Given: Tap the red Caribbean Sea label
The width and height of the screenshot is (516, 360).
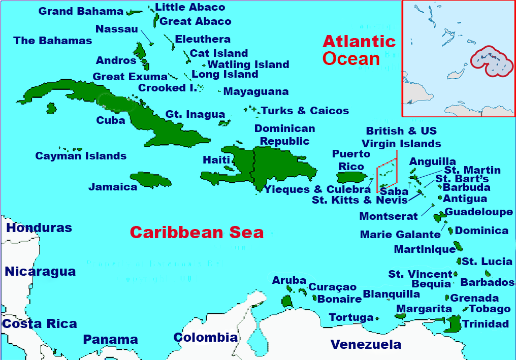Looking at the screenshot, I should point(197,233).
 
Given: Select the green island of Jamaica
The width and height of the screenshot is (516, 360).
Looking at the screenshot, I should point(151,179).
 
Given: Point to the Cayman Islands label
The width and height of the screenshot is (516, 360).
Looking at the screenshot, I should point(81,156).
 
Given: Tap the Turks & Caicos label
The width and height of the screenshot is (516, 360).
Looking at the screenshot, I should point(305,111).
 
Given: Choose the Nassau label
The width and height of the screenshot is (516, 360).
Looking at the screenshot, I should point(117,29).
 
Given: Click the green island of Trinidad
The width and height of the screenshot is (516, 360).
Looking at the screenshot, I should point(453,323).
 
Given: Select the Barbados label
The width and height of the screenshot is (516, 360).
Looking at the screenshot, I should point(487,282).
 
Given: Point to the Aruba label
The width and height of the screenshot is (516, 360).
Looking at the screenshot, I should point(289,280).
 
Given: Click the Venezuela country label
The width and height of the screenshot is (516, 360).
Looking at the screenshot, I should point(366,345).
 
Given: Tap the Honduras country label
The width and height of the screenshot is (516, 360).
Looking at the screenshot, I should point(39,228).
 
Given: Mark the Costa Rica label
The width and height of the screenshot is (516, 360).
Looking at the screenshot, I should point(39,324).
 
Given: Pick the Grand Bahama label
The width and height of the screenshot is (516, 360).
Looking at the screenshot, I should point(81,11).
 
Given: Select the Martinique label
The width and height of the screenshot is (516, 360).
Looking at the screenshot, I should point(425,249).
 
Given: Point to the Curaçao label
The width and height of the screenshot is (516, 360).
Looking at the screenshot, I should point(333,287).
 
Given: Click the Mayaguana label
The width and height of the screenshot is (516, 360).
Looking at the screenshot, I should point(256,92).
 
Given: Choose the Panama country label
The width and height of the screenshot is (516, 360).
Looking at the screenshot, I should point(110,340).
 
